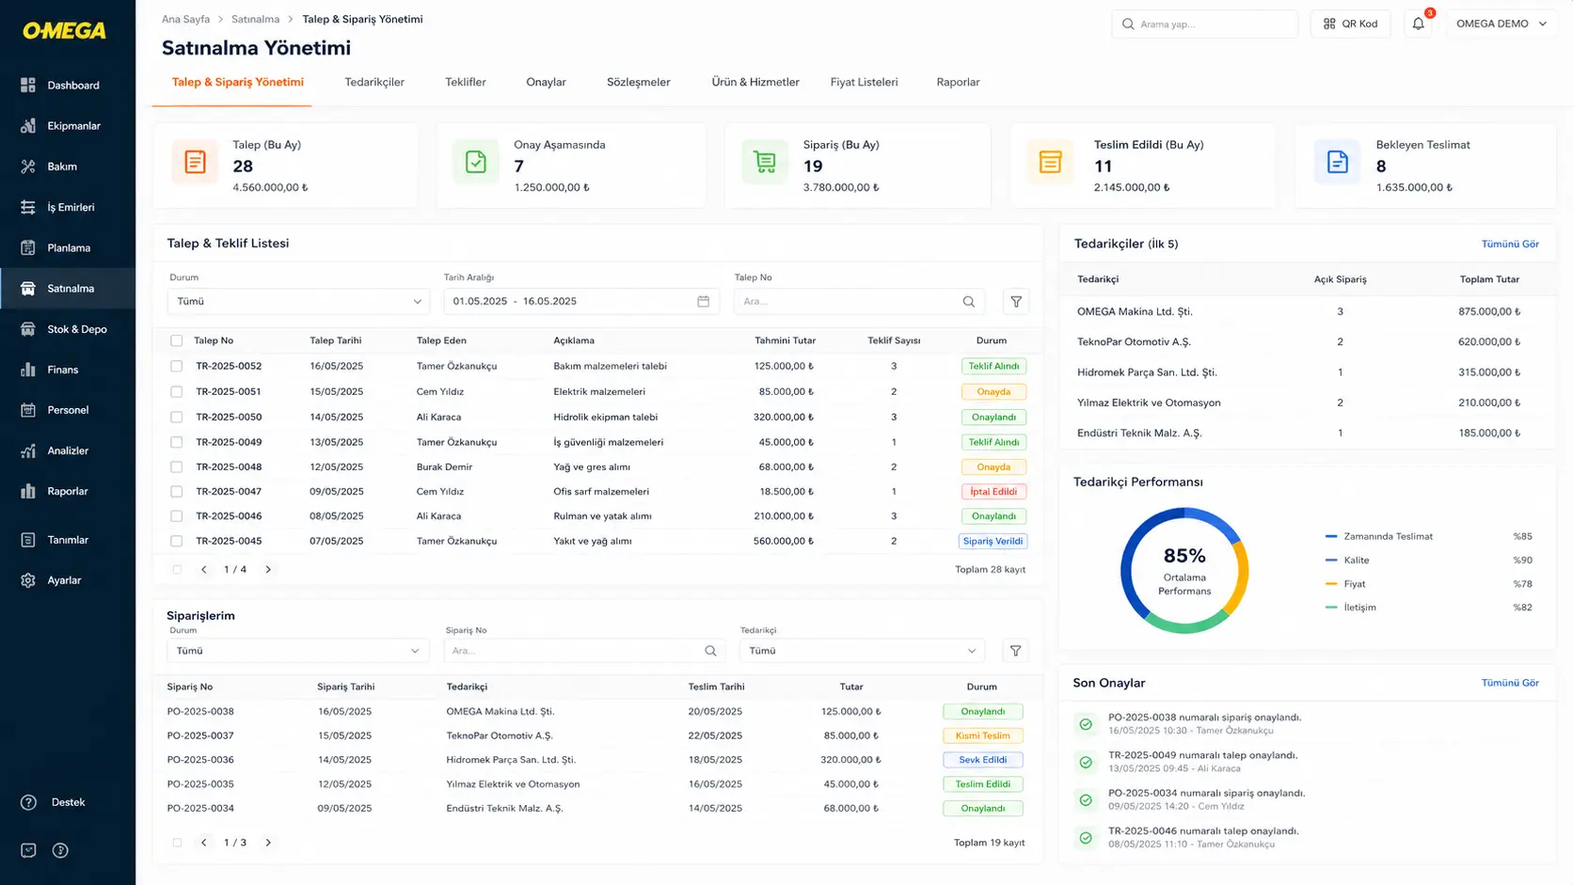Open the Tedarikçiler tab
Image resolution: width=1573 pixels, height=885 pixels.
click(374, 82)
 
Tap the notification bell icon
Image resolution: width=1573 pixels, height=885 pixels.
click(1419, 24)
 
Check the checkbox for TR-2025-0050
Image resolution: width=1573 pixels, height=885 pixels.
click(176, 417)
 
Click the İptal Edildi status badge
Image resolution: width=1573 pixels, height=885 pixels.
click(993, 491)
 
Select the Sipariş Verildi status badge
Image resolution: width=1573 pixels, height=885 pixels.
click(993, 541)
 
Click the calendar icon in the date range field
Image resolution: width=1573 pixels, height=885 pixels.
click(703, 301)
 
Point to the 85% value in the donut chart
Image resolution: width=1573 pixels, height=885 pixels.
click(1184, 556)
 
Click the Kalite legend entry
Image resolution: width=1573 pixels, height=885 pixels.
click(1356, 560)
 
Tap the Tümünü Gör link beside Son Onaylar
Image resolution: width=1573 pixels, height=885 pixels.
click(1510, 683)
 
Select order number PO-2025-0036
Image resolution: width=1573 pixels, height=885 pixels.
click(200, 759)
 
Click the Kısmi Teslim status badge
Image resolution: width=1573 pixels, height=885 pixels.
click(982, 735)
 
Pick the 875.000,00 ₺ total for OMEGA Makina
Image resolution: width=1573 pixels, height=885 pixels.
click(1488, 311)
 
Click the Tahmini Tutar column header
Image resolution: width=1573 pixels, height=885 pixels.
click(786, 340)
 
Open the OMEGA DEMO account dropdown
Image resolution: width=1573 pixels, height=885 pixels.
click(1501, 24)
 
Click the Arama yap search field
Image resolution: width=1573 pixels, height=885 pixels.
click(1204, 24)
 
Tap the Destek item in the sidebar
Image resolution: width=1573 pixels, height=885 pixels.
click(68, 802)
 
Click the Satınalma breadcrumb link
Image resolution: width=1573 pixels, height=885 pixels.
click(256, 19)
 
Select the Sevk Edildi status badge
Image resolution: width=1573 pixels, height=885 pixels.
click(982, 759)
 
